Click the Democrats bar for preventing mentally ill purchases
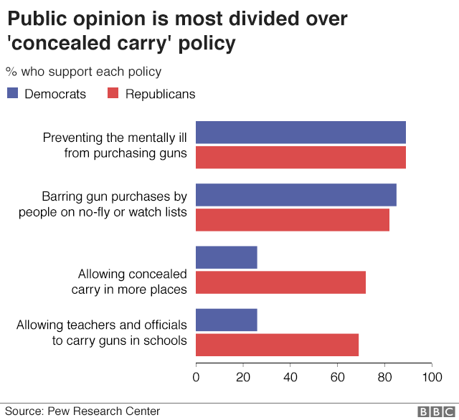(301, 133)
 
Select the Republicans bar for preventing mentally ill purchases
(301, 157)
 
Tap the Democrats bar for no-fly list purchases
(295, 195)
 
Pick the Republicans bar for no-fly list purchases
(292, 219)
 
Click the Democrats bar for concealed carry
(226, 257)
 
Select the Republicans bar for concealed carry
(280, 282)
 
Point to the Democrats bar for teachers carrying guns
(226, 320)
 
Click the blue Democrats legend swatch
(13, 93)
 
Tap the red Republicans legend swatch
(113, 93)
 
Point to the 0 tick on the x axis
(196, 376)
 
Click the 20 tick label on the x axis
(243, 376)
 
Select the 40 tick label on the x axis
(290, 376)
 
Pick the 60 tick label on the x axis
(337, 376)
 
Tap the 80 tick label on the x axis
(384, 376)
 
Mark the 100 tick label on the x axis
(432, 376)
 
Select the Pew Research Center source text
(104, 411)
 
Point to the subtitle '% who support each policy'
(83, 72)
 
